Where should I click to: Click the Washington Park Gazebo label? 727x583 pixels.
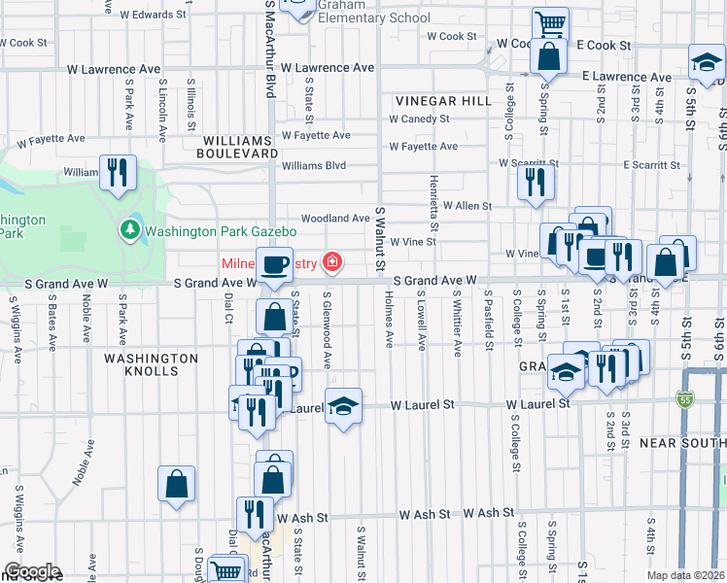click(x=221, y=231)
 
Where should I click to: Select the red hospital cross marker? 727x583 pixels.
click(x=332, y=261)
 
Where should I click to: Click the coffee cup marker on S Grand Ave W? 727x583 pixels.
click(x=274, y=263)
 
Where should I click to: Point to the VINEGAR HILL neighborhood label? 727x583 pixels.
click(x=433, y=101)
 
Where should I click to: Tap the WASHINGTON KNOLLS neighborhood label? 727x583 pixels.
click(x=151, y=364)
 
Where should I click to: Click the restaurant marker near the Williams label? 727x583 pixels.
click(x=118, y=173)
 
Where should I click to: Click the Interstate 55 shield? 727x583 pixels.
click(x=684, y=399)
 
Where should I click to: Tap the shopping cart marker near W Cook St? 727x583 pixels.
click(x=550, y=22)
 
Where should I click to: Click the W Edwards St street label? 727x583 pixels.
click(x=154, y=15)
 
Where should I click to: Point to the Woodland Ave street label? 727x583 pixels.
click(x=335, y=219)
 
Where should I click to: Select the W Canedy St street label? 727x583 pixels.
click(x=419, y=119)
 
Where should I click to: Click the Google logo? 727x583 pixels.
click(x=31, y=571)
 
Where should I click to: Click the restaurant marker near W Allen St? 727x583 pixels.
click(x=536, y=181)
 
